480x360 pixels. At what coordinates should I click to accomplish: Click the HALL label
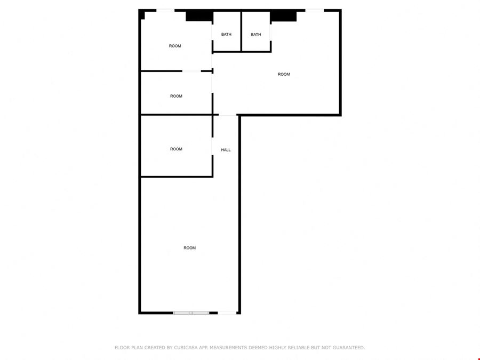tap(226, 150)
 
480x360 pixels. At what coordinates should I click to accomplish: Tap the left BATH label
tap(226, 34)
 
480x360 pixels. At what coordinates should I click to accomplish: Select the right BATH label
tap(256, 35)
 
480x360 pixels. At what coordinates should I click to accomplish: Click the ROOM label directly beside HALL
tap(176, 149)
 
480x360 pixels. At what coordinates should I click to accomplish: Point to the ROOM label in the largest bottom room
tap(189, 248)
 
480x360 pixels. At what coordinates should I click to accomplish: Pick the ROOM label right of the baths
tap(284, 74)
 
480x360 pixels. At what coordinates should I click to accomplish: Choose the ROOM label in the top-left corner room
tap(175, 46)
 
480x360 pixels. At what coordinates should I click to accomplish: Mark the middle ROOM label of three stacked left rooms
tap(176, 96)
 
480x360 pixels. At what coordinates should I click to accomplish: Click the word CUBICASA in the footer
tap(186, 347)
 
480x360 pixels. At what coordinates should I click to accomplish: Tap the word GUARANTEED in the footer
tap(349, 347)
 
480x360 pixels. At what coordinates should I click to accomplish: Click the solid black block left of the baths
tap(199, 15)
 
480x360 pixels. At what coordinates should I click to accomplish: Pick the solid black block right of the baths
tap(283, 15)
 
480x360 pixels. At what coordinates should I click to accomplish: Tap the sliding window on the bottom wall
tap(191, 313)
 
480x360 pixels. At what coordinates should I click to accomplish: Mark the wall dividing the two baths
tap(241, 31)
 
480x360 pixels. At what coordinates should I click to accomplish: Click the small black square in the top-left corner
tap(141, 15)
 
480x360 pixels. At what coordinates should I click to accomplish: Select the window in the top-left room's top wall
tap(165, 11)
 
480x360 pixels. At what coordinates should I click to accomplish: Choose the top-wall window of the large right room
tap(314, 11)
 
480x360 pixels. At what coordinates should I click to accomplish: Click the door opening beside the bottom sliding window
tap(227, 313)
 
